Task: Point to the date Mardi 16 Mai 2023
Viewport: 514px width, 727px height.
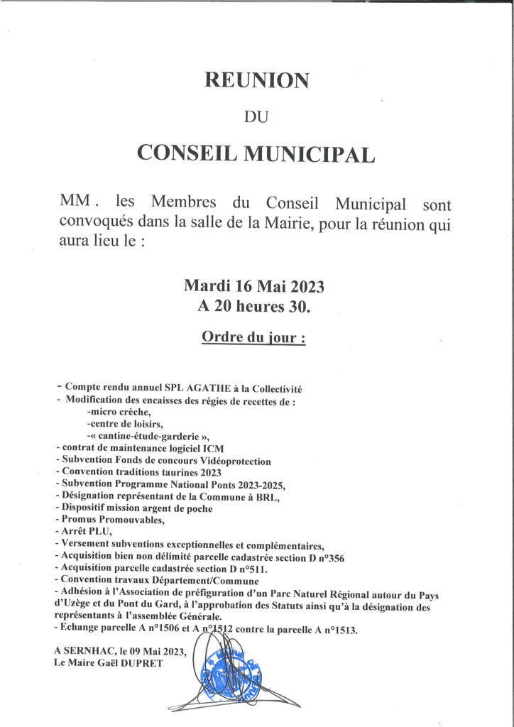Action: (253, 287)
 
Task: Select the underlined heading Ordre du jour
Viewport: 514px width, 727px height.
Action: (253, 337)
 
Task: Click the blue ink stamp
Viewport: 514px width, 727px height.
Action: (229, 672)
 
